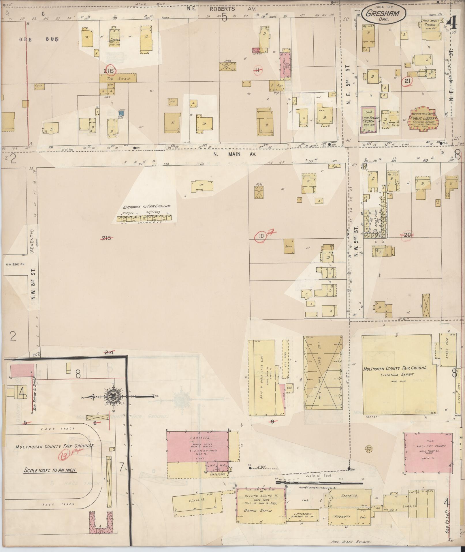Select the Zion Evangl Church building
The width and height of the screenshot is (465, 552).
click(x=368, y=119)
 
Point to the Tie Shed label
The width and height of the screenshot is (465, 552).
click(x=118, y=78)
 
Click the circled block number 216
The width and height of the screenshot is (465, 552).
click(x=110, y=71)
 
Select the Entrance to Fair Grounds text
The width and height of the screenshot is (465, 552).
click(x=147, y=207)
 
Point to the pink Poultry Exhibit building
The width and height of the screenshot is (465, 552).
click(x=427, y=453)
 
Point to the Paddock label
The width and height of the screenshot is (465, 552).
click(x=342, y=517)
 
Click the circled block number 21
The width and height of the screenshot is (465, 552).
click(x=407, y=81)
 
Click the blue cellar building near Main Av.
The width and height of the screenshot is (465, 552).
click(x=121, y=113)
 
